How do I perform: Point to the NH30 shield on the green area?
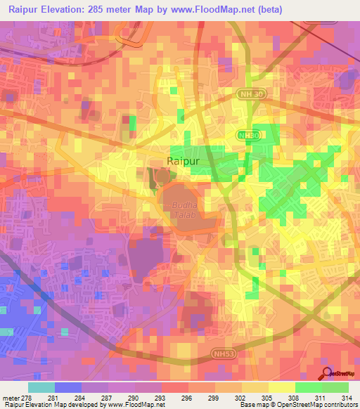pos(247,136)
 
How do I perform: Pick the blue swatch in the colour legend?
pos(68,387)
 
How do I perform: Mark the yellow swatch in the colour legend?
pos(281,387)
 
